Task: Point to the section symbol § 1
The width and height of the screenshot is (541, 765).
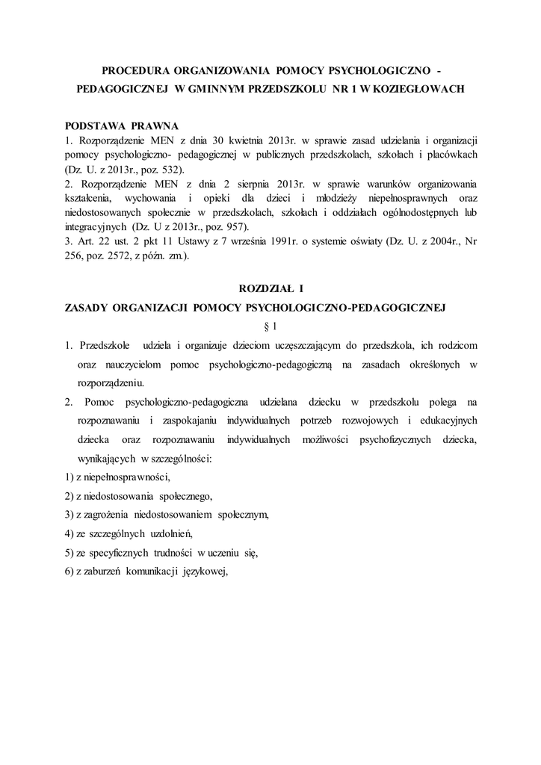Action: [270, 326]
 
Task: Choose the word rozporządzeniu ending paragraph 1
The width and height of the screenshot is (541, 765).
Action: [111, 382]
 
